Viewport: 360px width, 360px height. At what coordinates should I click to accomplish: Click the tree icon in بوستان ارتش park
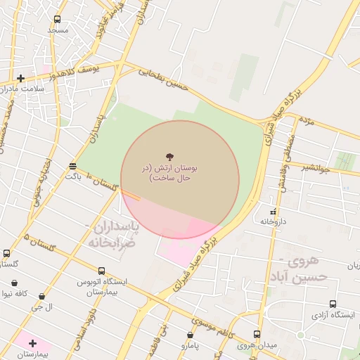click(x=169, y=156)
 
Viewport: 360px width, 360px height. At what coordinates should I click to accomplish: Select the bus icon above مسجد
click(x=58, y=20)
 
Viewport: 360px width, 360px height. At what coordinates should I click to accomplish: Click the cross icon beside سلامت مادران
click(x=20, y=78)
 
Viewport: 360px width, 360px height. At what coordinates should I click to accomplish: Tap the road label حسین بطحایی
click(x=165, y=77)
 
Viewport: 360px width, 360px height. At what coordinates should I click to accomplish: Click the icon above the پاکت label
click(x=73, y=166)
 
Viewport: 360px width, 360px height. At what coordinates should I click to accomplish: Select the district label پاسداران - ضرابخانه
click(x=112, y=233)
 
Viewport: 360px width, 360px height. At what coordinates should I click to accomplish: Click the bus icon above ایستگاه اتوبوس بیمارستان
click(x=102, y=271)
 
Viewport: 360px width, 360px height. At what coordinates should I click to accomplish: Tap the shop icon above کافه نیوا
click(x=15, y=283)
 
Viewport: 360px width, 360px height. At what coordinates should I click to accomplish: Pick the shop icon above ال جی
click(x=42, y=297)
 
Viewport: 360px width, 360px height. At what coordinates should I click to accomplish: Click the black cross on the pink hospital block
click(x=32, y=342)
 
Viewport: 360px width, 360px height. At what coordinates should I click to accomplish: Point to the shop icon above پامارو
click(x=190, y=335)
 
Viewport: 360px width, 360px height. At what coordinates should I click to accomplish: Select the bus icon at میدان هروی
click(x=256, y=334)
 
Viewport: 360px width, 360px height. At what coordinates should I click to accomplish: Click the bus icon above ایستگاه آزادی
click(x=333, y=304)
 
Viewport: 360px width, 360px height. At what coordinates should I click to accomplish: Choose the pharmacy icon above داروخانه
click(x=273, y=211)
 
